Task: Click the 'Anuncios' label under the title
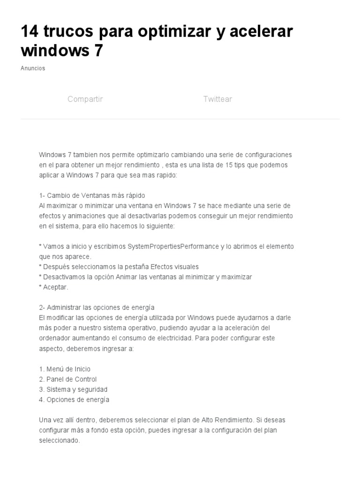coord(33,68)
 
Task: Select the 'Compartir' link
coord(85,99)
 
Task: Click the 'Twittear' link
coord(217,99)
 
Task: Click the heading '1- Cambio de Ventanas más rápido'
coord(92,195)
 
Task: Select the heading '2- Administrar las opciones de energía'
coord(97,307)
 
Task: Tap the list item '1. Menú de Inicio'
coord(65,369)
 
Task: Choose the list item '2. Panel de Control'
coord(68,379)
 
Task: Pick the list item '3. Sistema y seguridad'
coord(73,390)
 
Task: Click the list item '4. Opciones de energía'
coord(74,400)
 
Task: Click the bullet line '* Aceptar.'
coord(54,287)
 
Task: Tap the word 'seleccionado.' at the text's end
coord(60,441)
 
